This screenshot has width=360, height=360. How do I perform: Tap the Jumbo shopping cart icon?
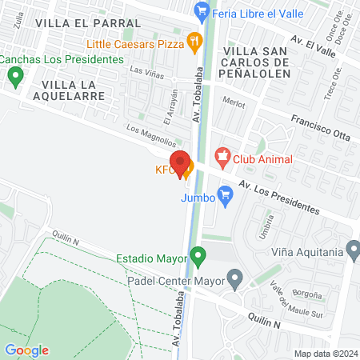click(x=226, y=198)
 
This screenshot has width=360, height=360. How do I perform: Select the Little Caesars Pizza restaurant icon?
click(x=193, y=40)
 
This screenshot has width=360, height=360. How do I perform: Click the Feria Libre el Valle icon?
click(x=202, y=11)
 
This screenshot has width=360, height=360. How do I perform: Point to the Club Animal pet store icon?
click(x=222, y=157)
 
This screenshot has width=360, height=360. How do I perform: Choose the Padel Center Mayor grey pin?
click(x=234, y=279)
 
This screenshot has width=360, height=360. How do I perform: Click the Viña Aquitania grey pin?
click(x=354, y=250)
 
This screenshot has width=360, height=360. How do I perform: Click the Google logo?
click(x=26, y=350)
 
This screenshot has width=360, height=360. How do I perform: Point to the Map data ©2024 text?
click(x=324, y=354)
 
